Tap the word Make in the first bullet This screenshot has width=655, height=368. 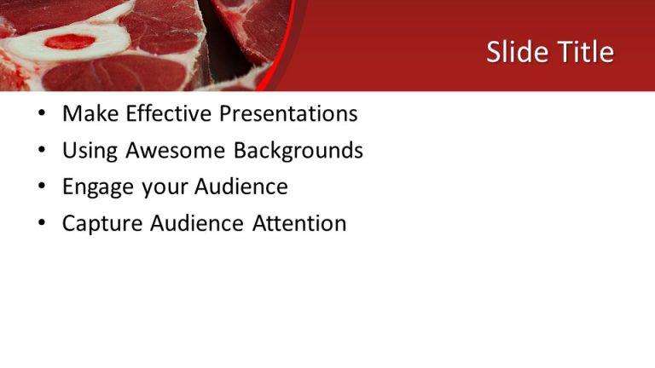pos(88,113)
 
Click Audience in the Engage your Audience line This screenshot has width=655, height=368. pos(241,187)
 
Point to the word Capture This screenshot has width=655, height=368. pos(103,224)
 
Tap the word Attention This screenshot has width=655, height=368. pos(299,224)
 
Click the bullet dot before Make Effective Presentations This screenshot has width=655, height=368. pos(42,114)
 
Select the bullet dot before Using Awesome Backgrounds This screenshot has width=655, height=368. pos(42,152)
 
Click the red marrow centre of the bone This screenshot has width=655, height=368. pos(69,41)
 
